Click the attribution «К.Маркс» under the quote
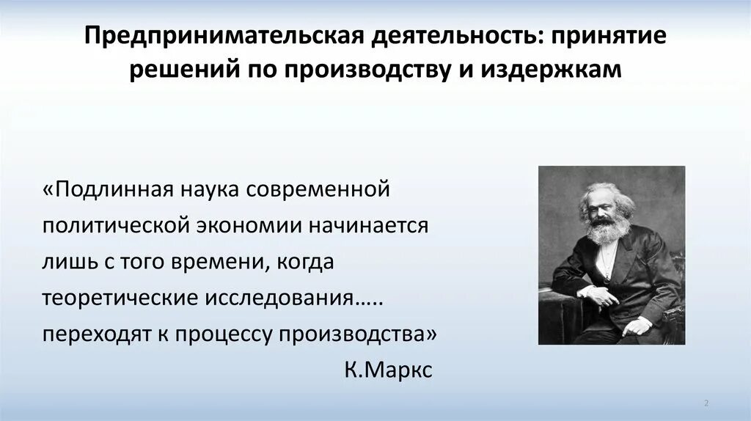tap(388, 370)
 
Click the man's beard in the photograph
tap(606, 230)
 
